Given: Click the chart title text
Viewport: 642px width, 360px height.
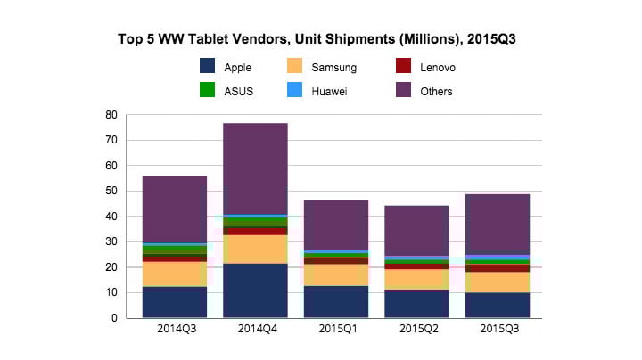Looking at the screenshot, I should coord(321,40).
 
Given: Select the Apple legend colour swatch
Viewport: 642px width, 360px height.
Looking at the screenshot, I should coord(207,66).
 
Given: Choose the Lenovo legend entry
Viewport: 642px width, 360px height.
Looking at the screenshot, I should coord(426,66).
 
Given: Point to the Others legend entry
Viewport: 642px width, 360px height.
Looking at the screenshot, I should coord(424,91).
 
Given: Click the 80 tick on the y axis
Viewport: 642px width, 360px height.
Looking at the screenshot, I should coord(111,115).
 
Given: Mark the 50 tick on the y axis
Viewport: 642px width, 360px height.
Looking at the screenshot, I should coord(111,192).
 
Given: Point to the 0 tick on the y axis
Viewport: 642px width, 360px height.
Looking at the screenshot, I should coord(114,318).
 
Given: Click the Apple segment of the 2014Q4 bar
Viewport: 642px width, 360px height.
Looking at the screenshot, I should coord(255,290).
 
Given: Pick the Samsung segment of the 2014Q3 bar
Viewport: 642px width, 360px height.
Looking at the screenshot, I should coord(174,274).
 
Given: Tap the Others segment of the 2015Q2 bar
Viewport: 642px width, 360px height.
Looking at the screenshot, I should coord(416,231).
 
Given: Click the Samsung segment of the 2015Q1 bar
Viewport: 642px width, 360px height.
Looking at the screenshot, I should coord(335,274).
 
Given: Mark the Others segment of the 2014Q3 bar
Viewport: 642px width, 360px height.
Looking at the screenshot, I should coord(174,209).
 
